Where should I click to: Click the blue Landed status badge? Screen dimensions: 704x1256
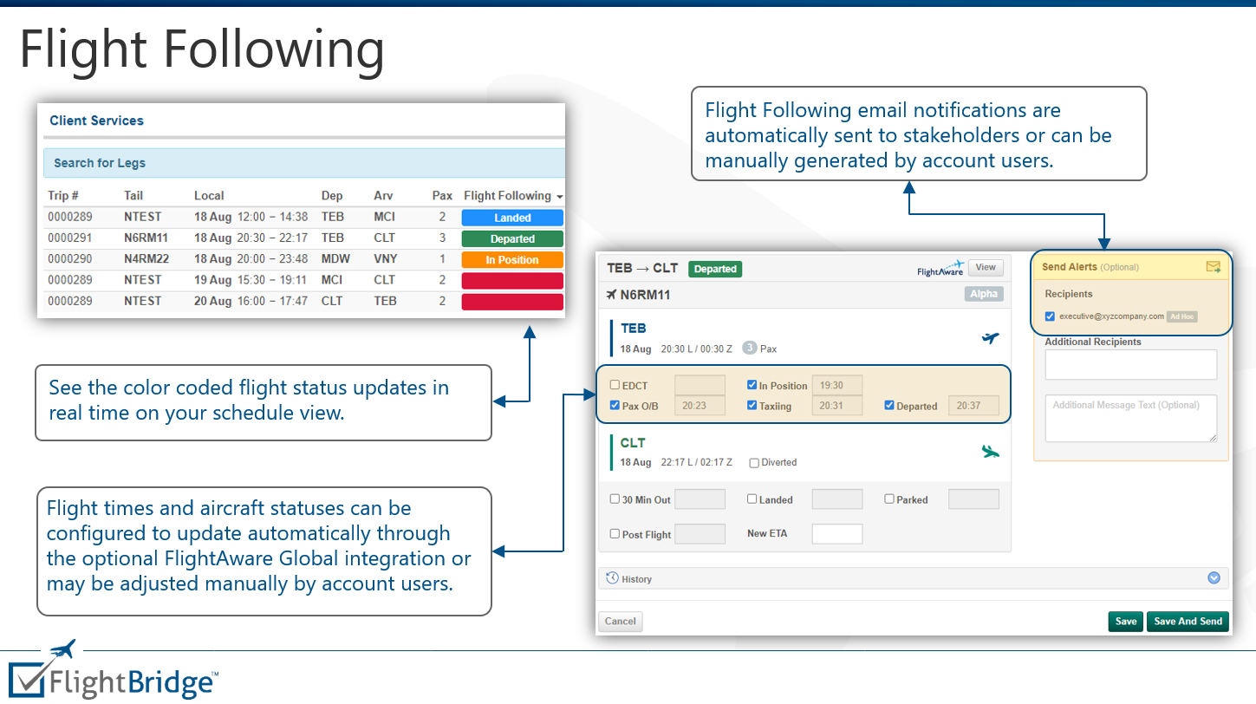(x=512, y=218)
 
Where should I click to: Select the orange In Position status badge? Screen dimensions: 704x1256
(x=512, y=260)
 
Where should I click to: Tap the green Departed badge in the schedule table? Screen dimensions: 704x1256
(x=512, y=239)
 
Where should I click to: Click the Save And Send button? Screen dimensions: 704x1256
(x=1188, y=622)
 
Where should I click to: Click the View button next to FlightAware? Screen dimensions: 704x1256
(x=986, y=268)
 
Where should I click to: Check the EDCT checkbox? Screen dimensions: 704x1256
(x=615, y=386)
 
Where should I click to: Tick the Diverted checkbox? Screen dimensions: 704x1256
(x=754, y=463)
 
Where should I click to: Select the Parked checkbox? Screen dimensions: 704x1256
(x=889, y=499)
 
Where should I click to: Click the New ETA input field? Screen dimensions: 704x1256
(x=836, y=534)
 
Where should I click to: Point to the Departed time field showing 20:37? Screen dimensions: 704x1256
(x=973, y=406)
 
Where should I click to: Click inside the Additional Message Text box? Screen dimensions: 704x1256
(x=1130, y=419)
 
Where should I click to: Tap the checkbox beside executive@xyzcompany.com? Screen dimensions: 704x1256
(x=1050, y=316)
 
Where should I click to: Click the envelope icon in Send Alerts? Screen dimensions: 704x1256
(x=1213, y=267)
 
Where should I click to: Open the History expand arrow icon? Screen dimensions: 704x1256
(x=1214, y=578)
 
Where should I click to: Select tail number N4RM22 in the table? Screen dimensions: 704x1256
(x=146, y=259)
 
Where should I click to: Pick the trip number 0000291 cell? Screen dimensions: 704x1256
(x=70, y=238)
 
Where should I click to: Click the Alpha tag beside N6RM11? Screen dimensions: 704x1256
(x=984, y=294)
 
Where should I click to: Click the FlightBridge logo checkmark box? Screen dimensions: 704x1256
(x=26, y=679)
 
